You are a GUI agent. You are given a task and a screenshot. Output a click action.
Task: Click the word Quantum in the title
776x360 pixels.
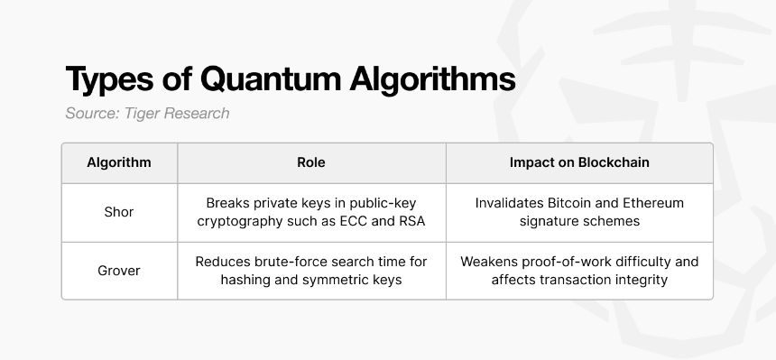[271, 79]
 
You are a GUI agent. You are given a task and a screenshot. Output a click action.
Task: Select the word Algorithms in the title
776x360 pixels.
[432, 79]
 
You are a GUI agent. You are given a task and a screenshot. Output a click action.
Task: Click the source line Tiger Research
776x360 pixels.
[147, 114]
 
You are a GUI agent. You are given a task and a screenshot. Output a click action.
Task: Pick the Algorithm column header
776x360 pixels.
[119, 162]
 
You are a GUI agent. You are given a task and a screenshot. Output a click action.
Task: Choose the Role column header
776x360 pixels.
[310, 162]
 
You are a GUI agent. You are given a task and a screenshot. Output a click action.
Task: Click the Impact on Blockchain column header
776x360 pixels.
[579, 162]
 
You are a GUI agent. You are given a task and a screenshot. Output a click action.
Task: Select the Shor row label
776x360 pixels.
[119, 212]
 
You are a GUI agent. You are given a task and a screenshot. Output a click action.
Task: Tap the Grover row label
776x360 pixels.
[119, 271]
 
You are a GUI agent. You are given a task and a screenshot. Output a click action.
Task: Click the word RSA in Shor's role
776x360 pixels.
[411, 221]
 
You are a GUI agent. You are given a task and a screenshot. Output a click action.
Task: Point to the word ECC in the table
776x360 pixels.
[354, 221]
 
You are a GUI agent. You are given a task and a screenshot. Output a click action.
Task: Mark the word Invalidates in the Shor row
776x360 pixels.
[509, 203]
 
